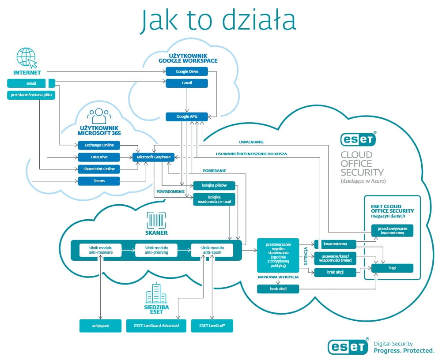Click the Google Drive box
coord(186,71)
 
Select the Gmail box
coord(186,83)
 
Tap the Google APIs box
coord(186,116)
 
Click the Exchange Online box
coord(99,145)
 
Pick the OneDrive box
coord(99,157)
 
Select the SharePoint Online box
coord(99,169)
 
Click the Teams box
coord(99,181)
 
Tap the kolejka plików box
coord(214,185)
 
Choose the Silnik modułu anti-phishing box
coord(156,250)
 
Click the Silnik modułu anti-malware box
coord(101,250)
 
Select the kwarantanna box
coord(335,244)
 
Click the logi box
coord(392,268)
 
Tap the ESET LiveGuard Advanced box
coord(156,326)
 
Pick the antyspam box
coord(101,326)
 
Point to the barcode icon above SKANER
coord(156,219)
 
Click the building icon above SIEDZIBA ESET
coord(156,293)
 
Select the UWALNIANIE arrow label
coord(251,142)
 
